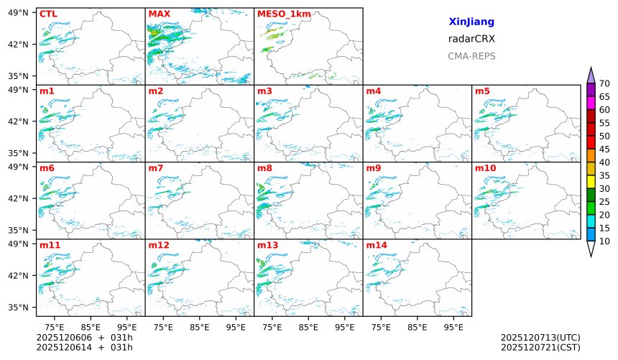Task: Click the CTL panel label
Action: click(47, 14)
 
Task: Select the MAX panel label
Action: click(158, 14)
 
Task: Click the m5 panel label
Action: click(482, 91)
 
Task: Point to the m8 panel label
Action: click(264, 168)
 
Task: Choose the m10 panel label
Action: click(485, 168)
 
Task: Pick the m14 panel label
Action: click(376, 245)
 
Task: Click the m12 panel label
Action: click(158, 245)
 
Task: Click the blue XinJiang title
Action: click(471, 22)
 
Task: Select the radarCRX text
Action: click(471, 39)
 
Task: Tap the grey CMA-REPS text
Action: click(471, 56)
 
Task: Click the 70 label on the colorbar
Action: click(604, 83)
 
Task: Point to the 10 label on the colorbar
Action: click(604, 241)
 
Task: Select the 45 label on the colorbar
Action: click(604, 149)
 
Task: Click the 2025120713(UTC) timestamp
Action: click(540, 338)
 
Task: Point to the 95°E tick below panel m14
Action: click(453, 328)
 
